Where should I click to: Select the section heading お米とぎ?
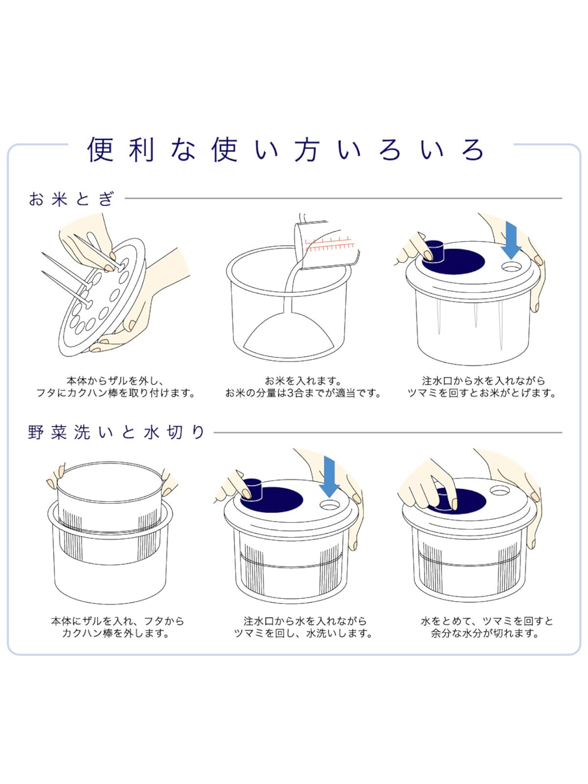pos(71,199)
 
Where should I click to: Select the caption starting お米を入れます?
pos(303,387)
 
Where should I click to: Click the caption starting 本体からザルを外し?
pos(116,387)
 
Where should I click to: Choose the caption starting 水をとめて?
pos(486,627)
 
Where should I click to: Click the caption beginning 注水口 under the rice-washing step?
pos(482,387)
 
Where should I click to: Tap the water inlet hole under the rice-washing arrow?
pos(512,267)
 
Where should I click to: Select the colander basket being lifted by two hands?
pos(110,510)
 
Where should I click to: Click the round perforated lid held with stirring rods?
pos(103,299)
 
